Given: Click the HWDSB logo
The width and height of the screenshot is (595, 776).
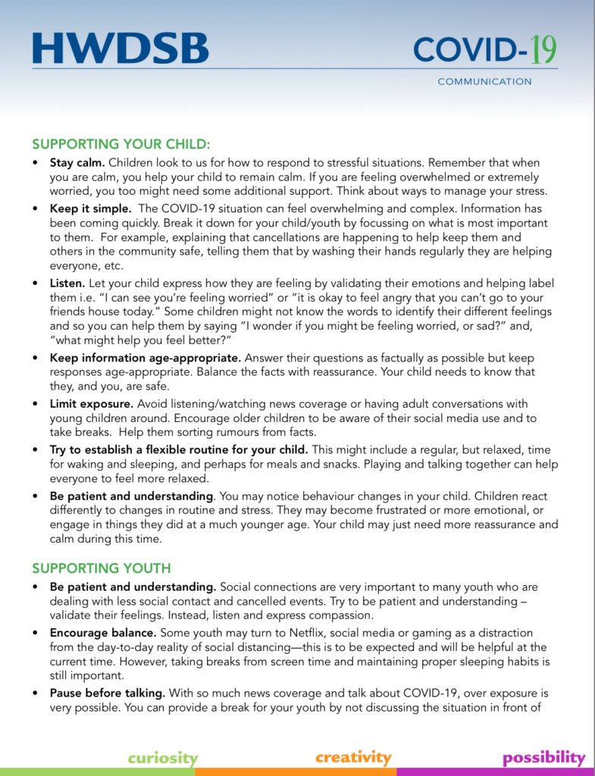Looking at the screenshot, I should pyautogui.click(x=121, y=49).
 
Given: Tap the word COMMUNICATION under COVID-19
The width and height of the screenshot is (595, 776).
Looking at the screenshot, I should pyautogui.click(x=484, y=82).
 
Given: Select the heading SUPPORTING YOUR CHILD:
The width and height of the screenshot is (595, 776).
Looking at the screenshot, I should pyautogui.click(x=121, y=144).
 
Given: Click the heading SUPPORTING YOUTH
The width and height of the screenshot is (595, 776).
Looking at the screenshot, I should pyautogui.click(x=102, y=568).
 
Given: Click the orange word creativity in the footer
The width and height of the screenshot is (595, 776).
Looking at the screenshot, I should pyautogui.click(x=353, y=757).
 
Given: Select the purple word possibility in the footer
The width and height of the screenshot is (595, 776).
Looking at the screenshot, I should pyautogui.click(x=543, y=758).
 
